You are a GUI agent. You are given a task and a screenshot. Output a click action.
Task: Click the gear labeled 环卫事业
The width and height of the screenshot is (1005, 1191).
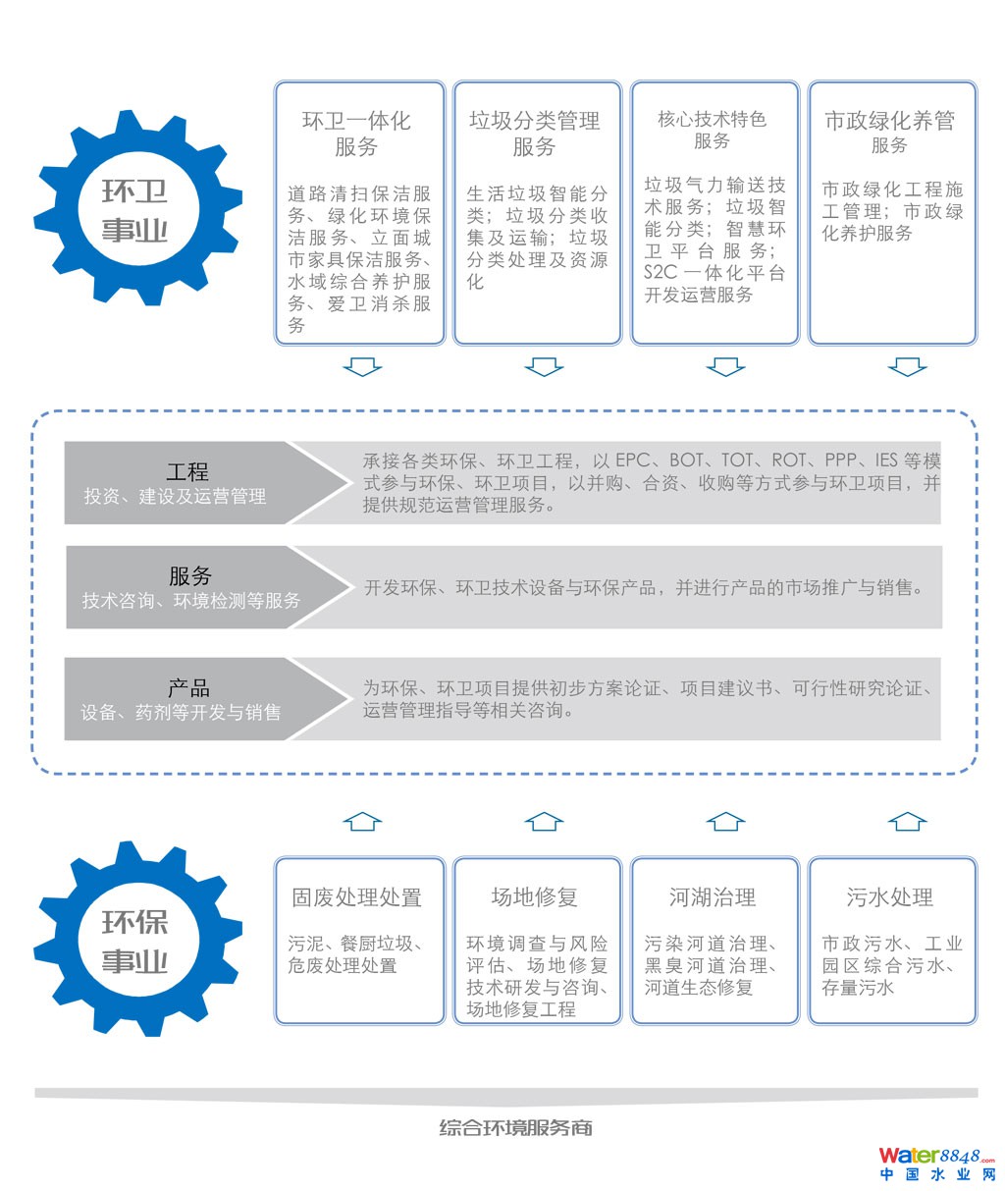(135, 209)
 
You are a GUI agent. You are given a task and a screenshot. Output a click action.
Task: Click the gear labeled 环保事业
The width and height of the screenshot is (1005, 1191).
(135, 940)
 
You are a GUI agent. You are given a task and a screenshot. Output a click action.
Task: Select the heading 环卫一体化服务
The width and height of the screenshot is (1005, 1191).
(356, 134)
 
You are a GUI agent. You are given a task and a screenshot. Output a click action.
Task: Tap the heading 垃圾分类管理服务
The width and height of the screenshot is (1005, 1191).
(534, 134)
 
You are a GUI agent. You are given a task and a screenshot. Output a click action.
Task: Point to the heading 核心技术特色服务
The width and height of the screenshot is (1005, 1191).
(712, 130)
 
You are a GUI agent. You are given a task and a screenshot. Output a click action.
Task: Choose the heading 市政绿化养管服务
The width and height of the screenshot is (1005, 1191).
(889, 132)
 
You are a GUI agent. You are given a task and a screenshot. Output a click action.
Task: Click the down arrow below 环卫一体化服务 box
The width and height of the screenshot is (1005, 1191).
(362, 367)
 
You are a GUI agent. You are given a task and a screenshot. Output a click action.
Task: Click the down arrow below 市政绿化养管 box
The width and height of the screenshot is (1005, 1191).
(907, 367)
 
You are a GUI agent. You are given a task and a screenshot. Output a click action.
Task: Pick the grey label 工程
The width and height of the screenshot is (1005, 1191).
(187, 472)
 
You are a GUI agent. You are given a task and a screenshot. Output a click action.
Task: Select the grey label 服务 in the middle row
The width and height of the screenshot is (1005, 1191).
(189, 576)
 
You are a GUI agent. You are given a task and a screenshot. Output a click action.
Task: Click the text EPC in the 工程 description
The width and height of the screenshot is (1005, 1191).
(633, 460)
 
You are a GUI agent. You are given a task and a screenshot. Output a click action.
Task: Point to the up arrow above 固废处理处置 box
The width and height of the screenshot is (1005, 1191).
(362, 821)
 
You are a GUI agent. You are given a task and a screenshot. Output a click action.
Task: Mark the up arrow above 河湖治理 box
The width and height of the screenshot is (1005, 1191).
(725, 821)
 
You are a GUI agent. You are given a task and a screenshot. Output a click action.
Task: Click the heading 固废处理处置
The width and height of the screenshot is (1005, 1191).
(356, 897)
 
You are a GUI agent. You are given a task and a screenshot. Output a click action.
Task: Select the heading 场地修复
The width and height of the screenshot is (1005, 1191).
(534, 897)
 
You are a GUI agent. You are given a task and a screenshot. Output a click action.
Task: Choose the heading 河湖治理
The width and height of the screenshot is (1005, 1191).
(712, 897)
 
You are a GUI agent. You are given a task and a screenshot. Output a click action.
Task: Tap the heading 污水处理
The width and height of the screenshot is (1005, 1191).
(889, 897)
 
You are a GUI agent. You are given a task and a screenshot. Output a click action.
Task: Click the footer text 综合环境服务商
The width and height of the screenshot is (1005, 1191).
(515, 1128)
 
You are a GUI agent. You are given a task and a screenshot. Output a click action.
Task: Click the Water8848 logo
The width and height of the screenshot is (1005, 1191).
(936, 1164)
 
